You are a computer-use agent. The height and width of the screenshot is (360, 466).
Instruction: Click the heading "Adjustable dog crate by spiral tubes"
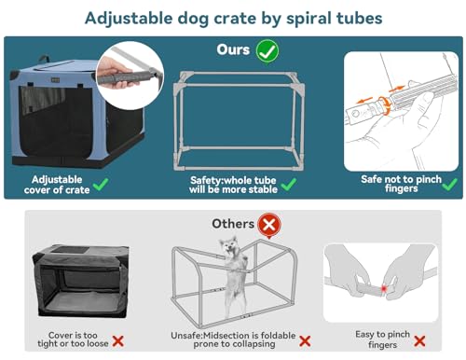tap(232, 18)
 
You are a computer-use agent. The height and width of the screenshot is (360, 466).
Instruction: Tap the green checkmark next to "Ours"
tap(267, 49)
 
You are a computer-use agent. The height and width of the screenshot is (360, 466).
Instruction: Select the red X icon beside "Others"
tap(269, 224)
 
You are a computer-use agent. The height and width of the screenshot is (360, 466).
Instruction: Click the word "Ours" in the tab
tap(233, 49)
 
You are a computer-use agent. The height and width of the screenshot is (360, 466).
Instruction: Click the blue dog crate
tap(70, 121)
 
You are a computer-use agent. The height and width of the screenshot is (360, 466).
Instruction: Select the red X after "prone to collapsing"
tap(304, 342)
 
